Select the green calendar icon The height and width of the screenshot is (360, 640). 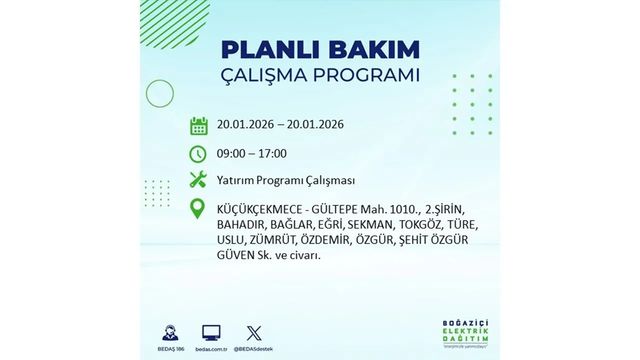(198, 125)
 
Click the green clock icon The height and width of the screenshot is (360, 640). (198, 154)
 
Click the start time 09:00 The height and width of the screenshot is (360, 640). (231, 153)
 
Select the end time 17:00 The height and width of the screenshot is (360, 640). (273, 153)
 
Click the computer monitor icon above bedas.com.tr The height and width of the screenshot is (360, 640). (211, 333)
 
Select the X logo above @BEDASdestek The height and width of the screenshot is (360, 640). (254, 333)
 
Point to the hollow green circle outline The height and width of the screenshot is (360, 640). (160, 93)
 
